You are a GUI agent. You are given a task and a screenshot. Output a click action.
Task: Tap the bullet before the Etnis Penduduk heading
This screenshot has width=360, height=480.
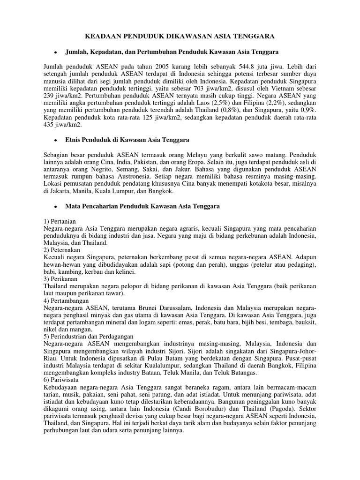point(56,140)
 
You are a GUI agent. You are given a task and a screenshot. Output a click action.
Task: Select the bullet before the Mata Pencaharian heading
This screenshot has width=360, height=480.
point(56,206)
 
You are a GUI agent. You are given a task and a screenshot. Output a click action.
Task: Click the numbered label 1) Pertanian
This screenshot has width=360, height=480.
point(60,220)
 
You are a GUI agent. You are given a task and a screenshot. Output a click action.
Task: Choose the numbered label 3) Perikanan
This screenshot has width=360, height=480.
point(60,278)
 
